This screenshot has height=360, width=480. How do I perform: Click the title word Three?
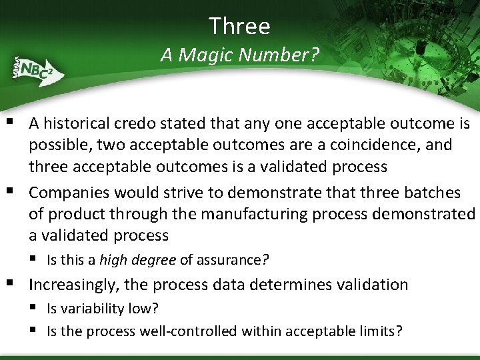pos(239,26)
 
